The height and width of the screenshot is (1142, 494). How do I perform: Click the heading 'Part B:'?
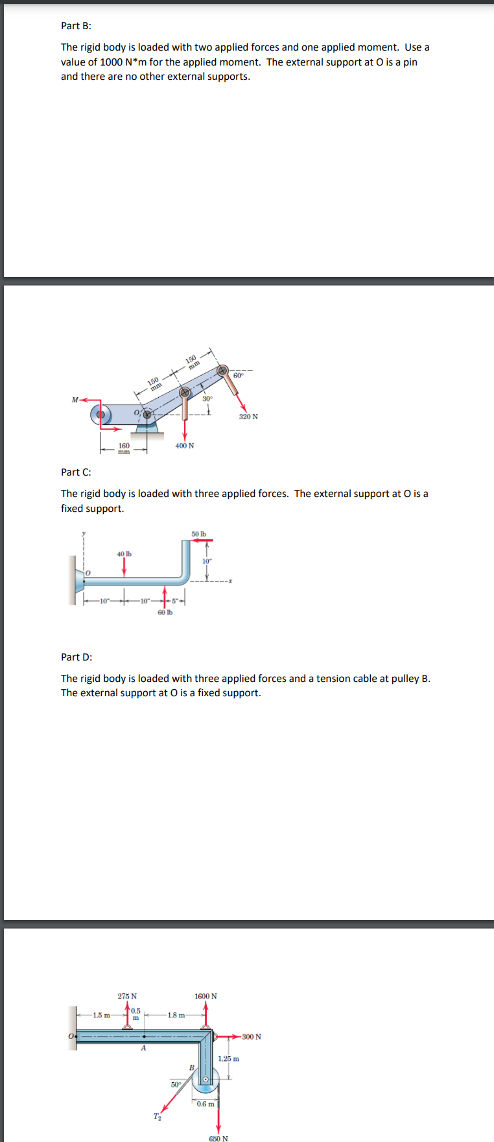[76, 26]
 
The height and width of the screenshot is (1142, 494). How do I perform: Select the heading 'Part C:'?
[76, 472]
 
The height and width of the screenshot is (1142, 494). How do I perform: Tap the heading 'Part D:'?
[76, 657]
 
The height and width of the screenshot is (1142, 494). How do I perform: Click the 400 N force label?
[184, 446]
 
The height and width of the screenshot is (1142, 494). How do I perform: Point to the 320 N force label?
[248, 417]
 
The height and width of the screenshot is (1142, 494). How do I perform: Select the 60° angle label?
[238, 376]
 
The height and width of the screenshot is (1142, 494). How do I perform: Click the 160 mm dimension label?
[124, 448]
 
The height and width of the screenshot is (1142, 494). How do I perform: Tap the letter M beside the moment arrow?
[75, 400]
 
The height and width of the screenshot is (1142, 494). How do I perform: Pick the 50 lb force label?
[198, 534]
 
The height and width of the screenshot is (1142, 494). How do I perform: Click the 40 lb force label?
[124, 553]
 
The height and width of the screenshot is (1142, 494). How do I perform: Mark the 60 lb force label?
[165, 612]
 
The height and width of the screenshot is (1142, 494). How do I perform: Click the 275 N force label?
[127, 996]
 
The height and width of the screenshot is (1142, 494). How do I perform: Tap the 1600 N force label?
[206, 996]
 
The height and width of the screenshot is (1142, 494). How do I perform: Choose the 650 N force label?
[218, 1138]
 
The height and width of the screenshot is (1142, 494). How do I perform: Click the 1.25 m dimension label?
[228, 1058]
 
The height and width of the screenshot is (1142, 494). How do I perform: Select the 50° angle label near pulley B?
[176, 1084]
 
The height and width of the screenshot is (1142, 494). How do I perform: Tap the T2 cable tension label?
[157, 1116]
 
